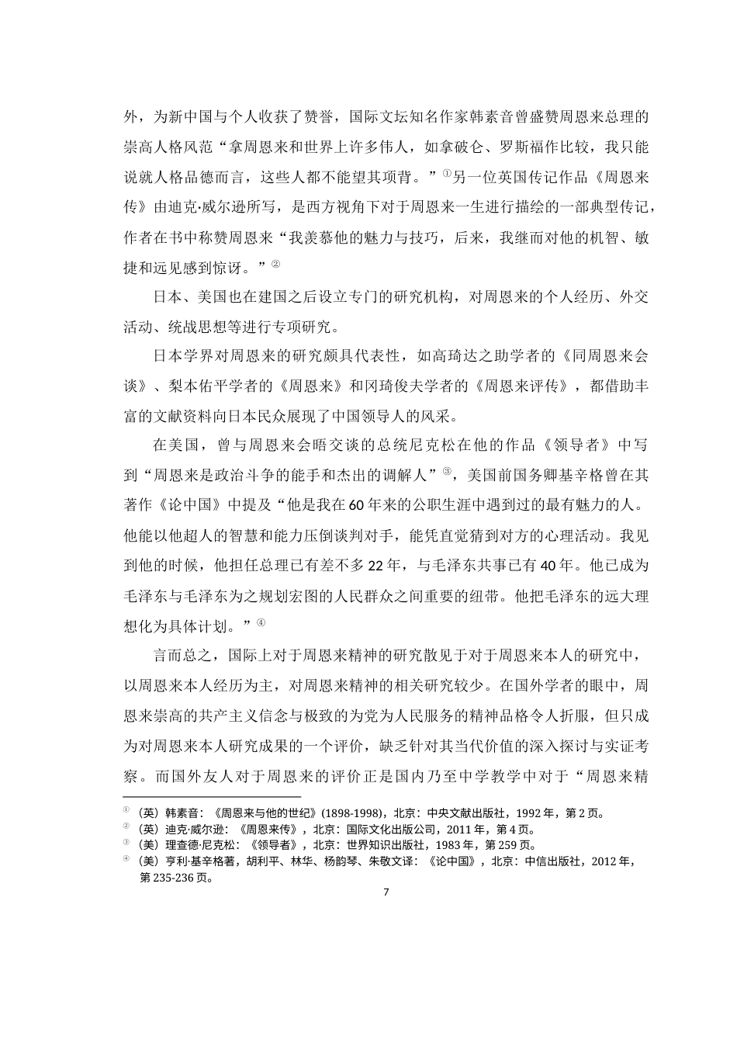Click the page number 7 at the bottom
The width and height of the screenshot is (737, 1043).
point(386,891)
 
